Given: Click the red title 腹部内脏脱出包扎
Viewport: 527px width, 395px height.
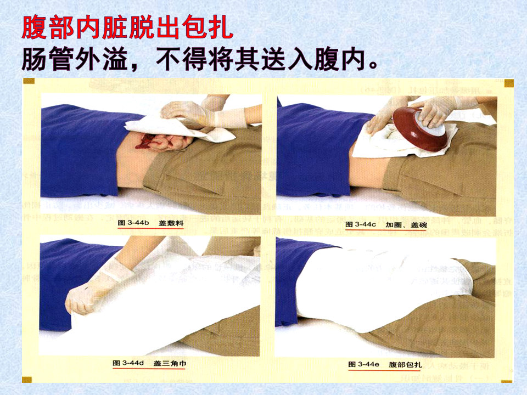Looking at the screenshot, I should [x=127, y=28].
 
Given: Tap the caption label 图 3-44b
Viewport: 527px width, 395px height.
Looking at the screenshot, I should [x=133, y=224].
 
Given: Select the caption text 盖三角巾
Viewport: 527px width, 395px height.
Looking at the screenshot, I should [x=167, y=363].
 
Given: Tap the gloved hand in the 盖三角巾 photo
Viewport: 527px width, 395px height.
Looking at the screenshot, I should [x=93, y=291].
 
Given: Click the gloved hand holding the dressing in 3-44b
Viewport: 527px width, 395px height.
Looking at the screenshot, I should [x=189, y=112].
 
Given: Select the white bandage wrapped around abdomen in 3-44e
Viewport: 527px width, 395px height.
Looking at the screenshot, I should [x=379, y=285].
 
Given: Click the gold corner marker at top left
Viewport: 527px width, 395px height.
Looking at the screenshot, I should [x=29, y=81].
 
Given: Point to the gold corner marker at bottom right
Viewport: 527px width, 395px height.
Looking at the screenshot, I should [x=508, y=379].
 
